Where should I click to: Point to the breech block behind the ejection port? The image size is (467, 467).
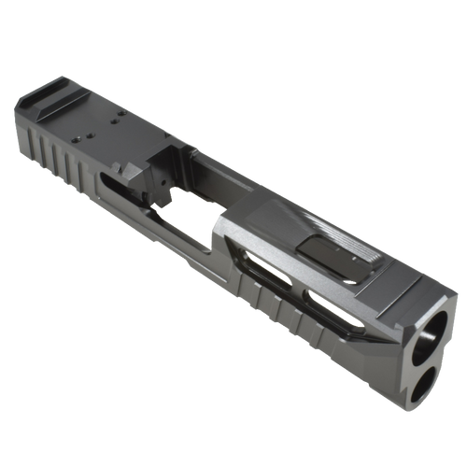(140, 173)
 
